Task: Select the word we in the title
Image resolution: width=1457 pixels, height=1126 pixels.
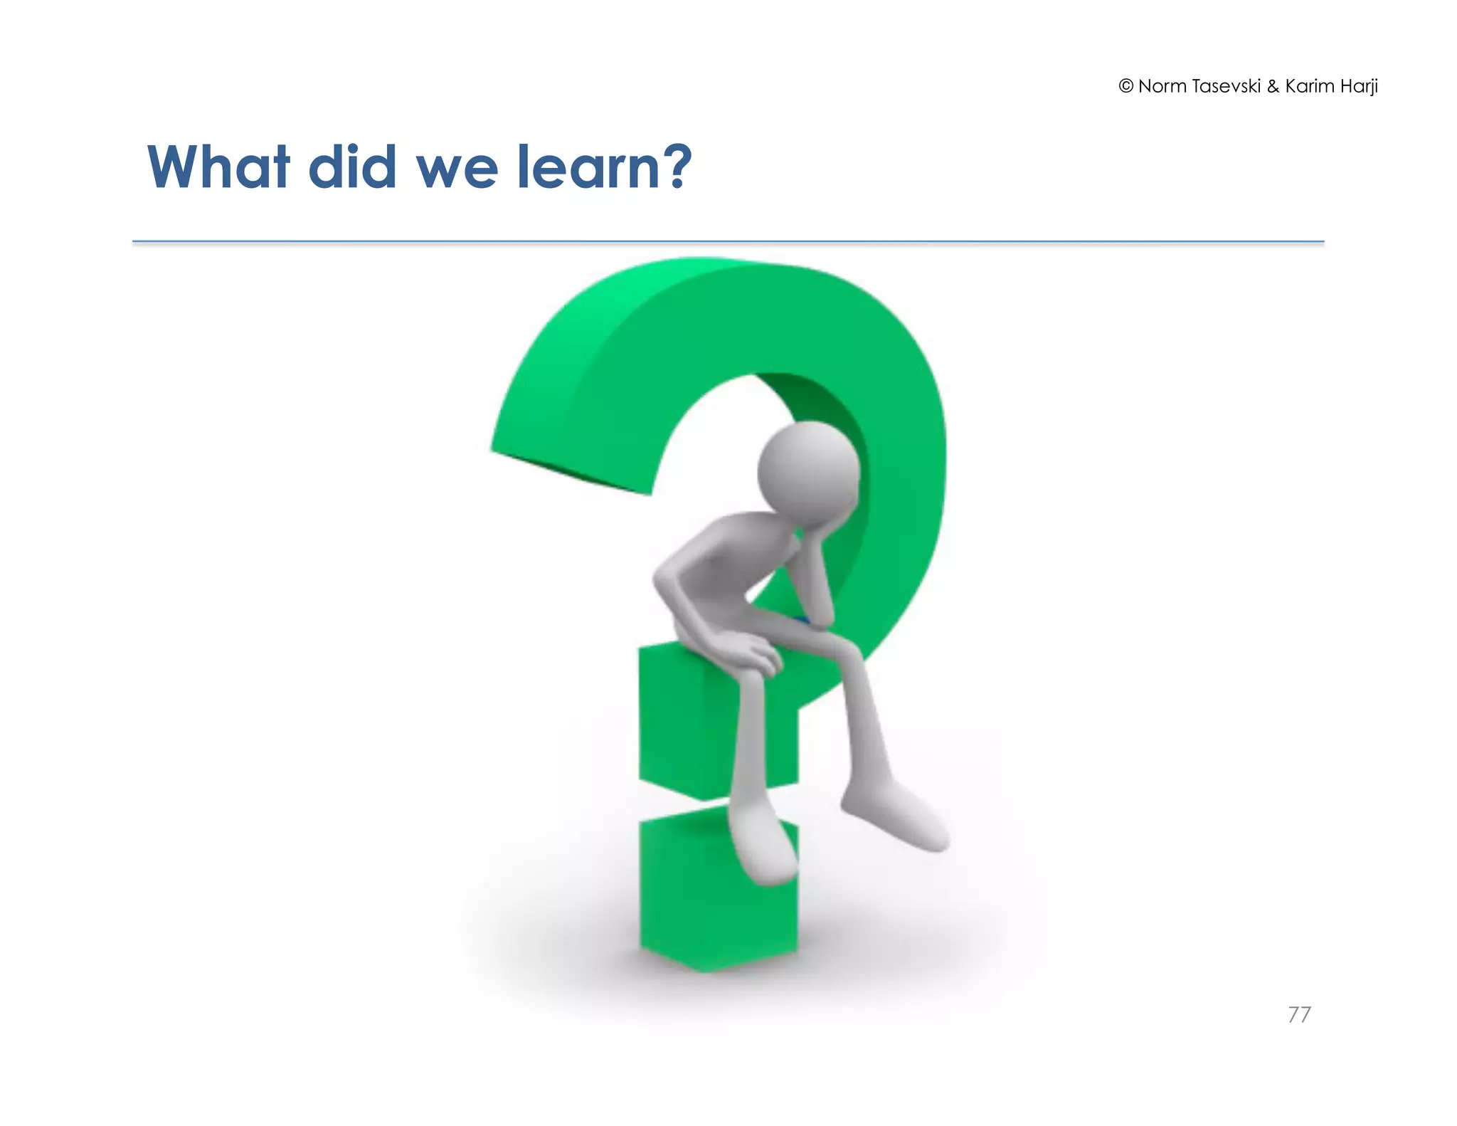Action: (456, 171)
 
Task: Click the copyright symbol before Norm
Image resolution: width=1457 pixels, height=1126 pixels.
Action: (1125, 86)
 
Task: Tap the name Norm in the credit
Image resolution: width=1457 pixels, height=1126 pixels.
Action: (1162, 86)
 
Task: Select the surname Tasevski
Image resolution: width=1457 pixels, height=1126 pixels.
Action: (1226, 86)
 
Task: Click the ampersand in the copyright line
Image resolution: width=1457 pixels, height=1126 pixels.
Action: (1273, 86)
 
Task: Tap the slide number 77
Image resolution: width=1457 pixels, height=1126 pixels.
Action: (1299, 1014)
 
